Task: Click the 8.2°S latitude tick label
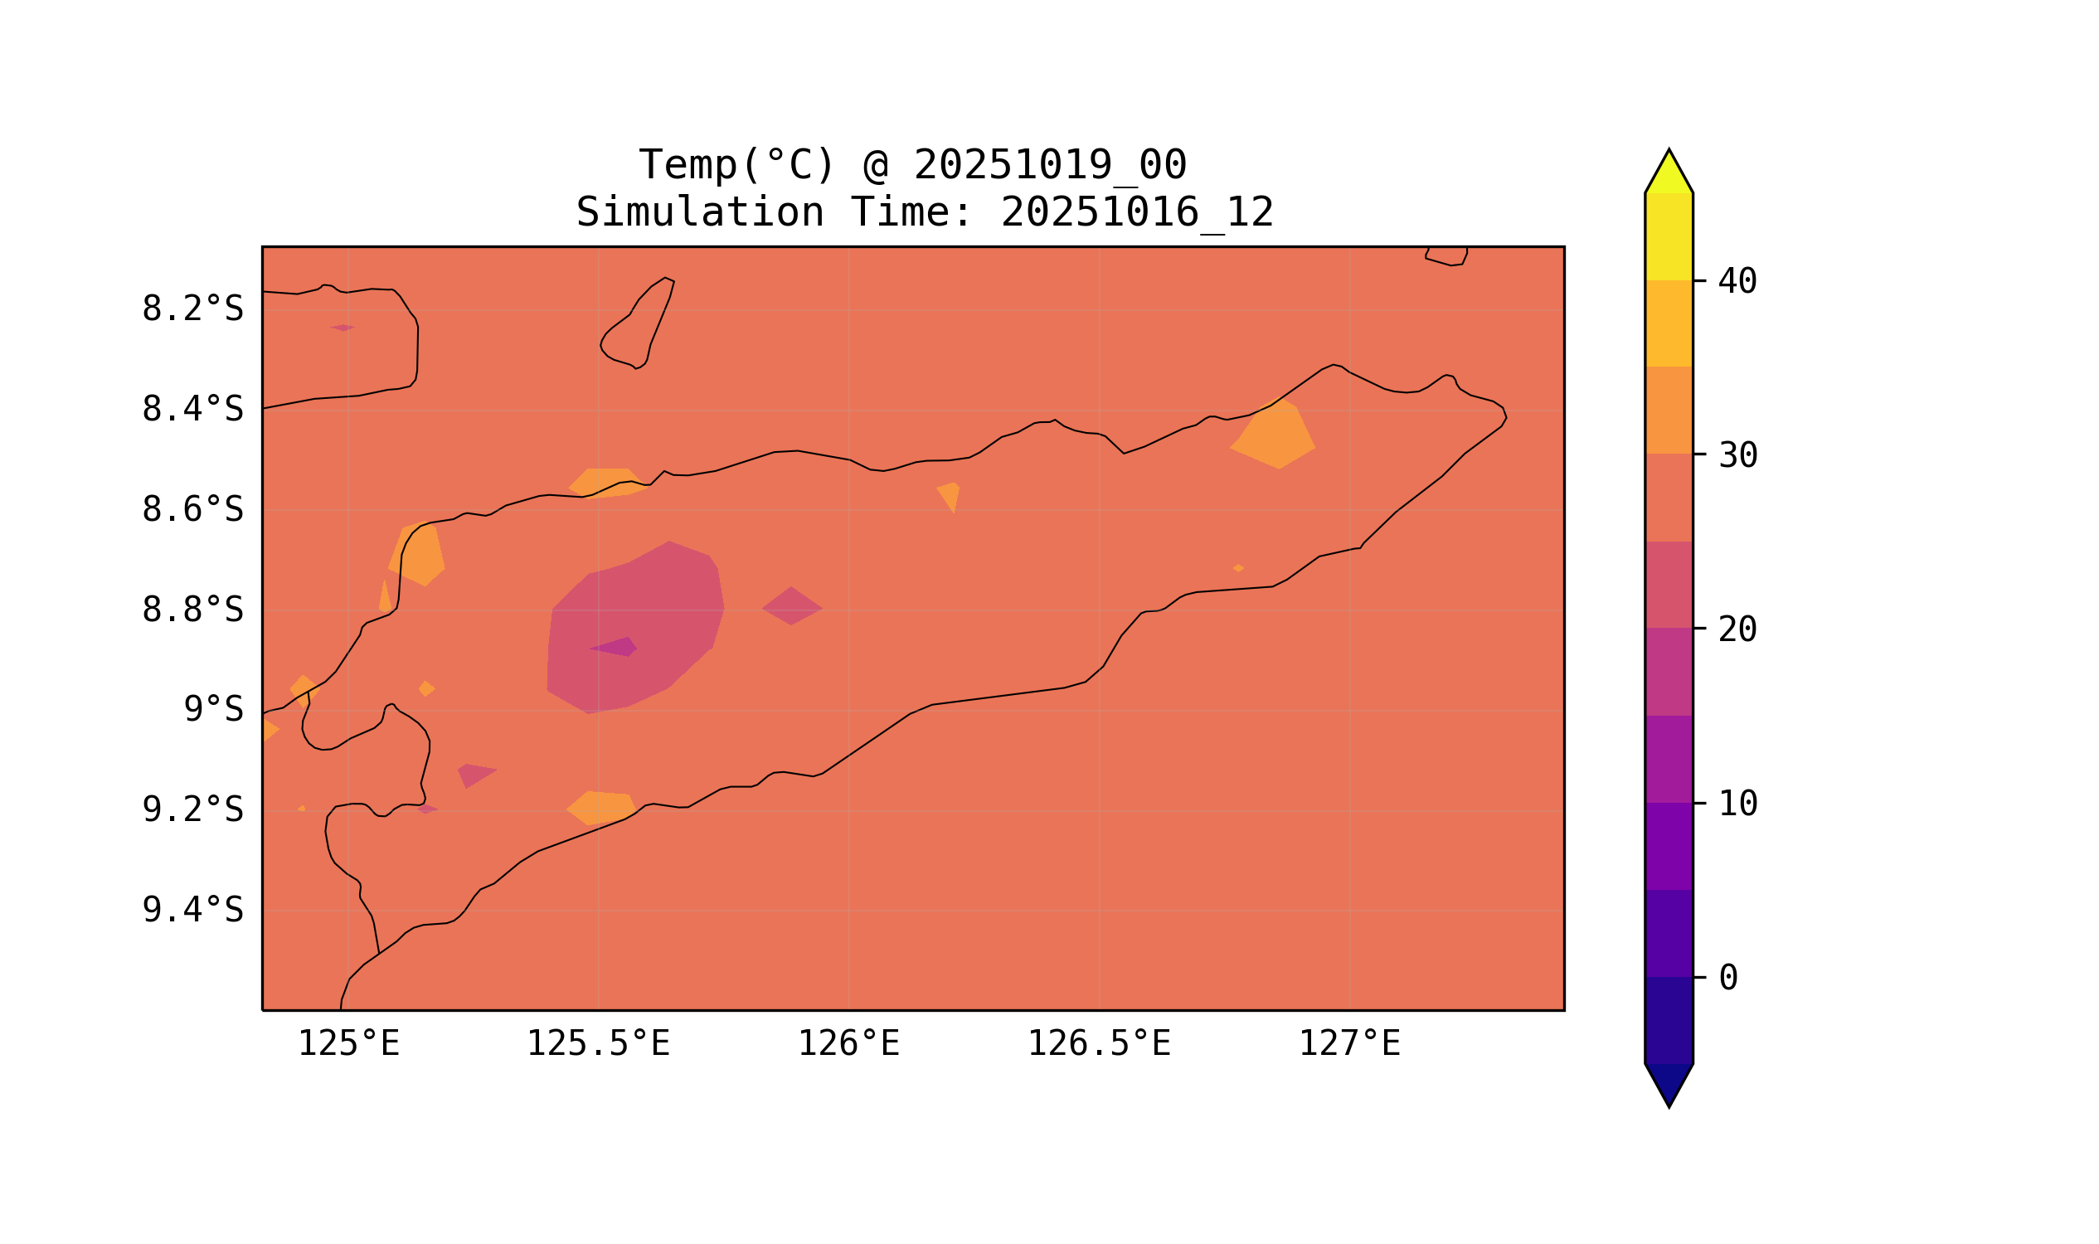coord(192,309)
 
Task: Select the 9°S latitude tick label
coord(213,710)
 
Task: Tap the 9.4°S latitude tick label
coord(192,910)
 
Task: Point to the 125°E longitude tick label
coord(347,1044)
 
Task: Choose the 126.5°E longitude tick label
coord(1098,1044)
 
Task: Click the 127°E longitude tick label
coord(1348,1044)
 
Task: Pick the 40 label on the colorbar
coord(1737,282)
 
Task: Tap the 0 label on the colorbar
coord(1727,979)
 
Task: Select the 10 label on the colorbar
coord(1737,804)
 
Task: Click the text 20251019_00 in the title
coord(1050,164)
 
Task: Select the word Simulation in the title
coord(699,212)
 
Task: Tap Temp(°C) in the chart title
coord(736,164)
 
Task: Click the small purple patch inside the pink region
coord(616,647)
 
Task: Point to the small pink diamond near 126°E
coord(790,606)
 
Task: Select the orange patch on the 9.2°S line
coord(600,807)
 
